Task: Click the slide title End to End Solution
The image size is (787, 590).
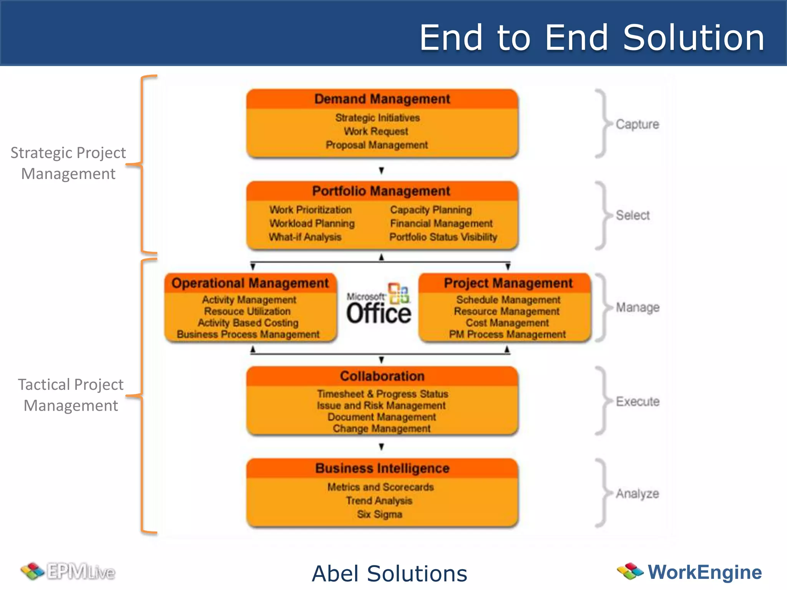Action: (x=592, y=37)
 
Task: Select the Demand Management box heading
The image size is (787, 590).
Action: (x=382, y=99)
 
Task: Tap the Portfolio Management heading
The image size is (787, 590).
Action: (x=381, y=191)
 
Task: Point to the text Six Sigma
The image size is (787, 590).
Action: (x=380, y=514)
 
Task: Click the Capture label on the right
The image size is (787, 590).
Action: (x=637, y=124)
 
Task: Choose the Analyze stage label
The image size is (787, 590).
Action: (x=637, y=493)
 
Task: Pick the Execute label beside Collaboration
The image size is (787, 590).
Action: (x=638, y=401)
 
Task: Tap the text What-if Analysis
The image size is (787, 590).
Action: (x=305, y=237)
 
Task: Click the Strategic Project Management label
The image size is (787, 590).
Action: (x=68, y=163)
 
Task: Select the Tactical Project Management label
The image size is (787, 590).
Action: (x=71, y=395)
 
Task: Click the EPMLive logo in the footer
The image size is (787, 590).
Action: (x=68, y=572)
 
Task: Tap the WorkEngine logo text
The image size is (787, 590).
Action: (x=704, y=572)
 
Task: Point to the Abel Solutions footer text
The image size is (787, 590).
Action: (x=389, y=573)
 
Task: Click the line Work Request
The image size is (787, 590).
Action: (x=376, y=131)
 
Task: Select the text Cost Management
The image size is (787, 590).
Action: (x=507, y=323)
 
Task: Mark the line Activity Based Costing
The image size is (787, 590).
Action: (x=248, y=323)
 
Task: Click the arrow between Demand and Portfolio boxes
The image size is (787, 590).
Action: (x=381, y=170)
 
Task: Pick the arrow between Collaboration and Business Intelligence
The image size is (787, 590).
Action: (x=381, y=447)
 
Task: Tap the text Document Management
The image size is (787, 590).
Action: (x=382, y=417)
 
